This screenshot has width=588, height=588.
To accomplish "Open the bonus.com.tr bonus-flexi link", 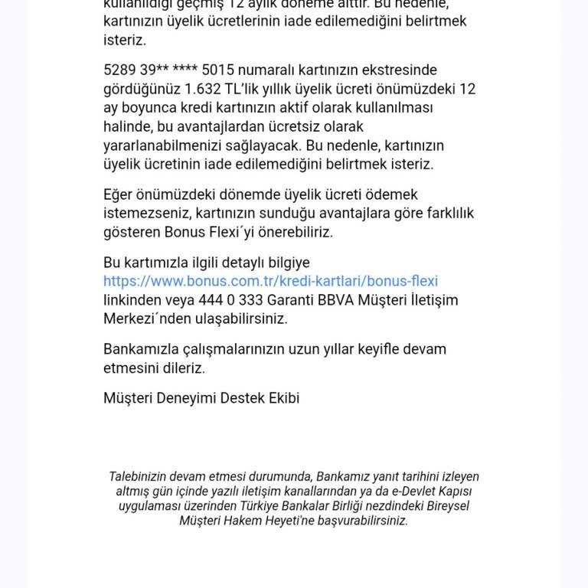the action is click(270, 281).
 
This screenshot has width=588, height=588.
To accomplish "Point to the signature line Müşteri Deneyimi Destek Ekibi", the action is click(201, 398).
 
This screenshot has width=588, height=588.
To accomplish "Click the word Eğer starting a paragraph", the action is click(118, 194).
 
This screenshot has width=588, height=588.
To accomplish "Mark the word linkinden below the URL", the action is click(132, 300).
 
